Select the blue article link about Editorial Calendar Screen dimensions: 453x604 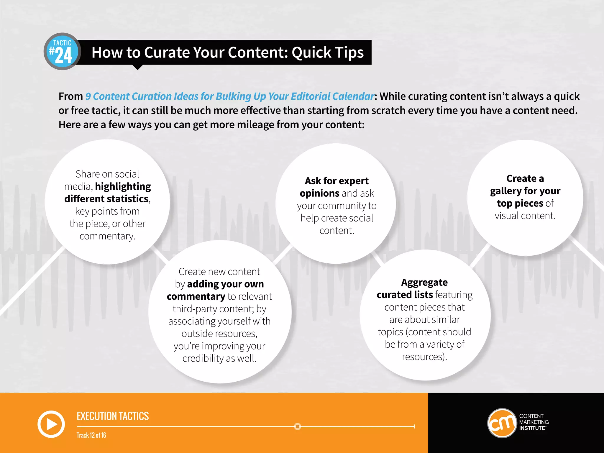(230, 96)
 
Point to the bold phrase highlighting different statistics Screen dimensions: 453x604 (107, 193)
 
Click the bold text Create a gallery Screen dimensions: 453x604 (525, 185)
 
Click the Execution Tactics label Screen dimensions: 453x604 (113, 416)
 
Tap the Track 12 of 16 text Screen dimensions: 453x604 (91, 435)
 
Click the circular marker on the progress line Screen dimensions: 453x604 (298, 426)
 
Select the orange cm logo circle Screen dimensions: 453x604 (502, 423)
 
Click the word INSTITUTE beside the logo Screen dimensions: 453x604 (532, 428)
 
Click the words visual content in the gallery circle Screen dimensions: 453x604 (525, 216)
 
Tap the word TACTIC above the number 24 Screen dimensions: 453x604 (62, 43)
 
